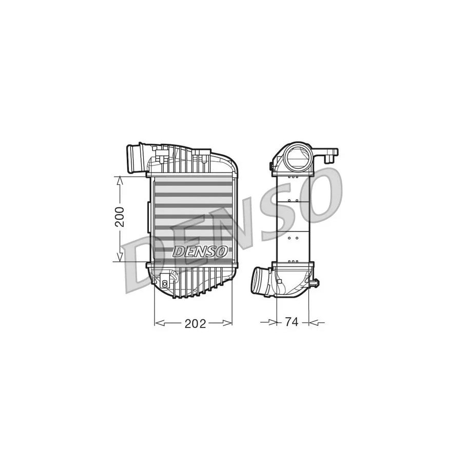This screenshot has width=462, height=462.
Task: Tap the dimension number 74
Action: tap(292, 322)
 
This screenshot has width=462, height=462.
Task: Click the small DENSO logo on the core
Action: tap(200, 252)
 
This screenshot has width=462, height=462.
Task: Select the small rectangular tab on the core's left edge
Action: tap(149, 210)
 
